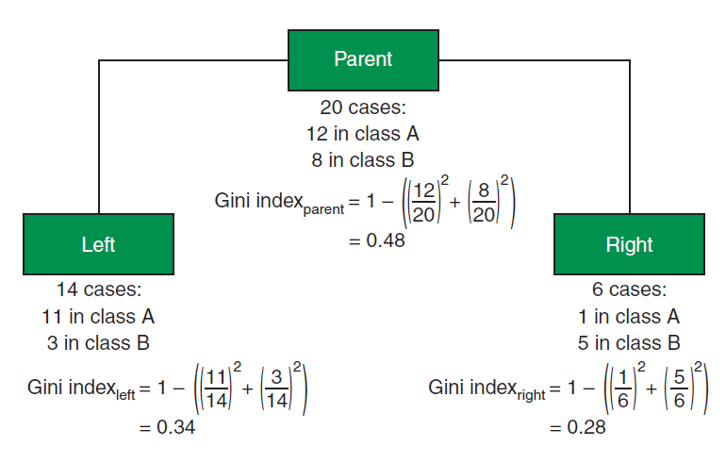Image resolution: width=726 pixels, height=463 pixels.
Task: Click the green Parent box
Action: tap(363, 60)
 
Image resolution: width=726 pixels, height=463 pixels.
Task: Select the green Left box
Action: tap(99, 244)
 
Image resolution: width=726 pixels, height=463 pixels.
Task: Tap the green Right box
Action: tap(629, 244)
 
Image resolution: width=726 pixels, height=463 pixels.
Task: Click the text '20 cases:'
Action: tap(363, 107)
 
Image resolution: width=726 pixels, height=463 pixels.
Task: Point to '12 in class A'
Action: tap(363, 134)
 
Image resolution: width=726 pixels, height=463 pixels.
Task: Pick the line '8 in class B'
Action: tap(363, 160)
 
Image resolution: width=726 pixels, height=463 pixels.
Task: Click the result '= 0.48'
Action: tap(377, 240)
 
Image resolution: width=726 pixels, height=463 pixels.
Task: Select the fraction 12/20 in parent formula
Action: tap(423, 203)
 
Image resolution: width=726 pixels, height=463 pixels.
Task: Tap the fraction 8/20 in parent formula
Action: tap(484, 203)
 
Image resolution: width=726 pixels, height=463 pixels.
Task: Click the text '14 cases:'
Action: tap(99, 289)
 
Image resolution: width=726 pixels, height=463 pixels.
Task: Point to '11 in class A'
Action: tap(98, 317)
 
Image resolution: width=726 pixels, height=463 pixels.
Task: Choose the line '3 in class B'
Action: tap(98, 343)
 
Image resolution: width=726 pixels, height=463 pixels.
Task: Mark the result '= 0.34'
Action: tap(167, 427)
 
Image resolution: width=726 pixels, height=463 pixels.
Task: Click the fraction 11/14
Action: tap(216, 389)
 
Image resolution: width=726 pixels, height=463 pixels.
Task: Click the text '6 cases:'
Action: tap(629, 289)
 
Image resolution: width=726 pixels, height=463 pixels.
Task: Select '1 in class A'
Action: tap(629, 317)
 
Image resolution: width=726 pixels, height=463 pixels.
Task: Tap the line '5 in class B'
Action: tap(629, 343)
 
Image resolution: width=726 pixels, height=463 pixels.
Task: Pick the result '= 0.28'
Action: tap(577, 427)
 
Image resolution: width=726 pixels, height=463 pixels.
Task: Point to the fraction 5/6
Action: tap(679, 389)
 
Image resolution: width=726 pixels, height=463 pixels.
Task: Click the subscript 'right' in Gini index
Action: tap(531, 395)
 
